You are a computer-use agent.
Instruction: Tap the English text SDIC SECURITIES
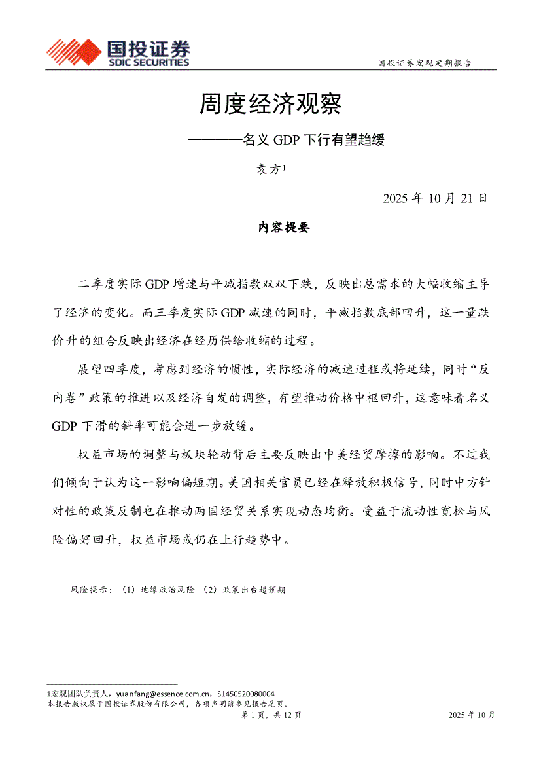148,63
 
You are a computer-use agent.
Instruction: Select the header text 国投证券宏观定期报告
425,63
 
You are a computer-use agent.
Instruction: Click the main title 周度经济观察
271,103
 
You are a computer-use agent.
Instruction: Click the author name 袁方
268,169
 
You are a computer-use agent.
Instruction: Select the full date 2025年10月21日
435,198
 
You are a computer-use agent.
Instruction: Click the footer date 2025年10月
472,715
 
